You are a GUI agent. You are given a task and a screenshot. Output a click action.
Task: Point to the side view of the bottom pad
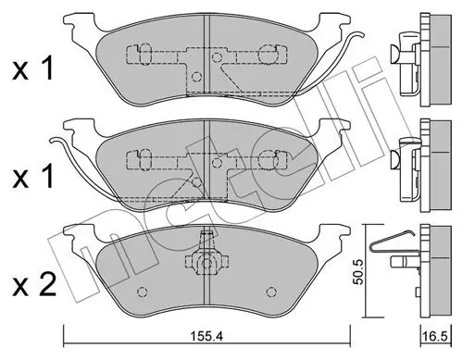pyautogui.click(x=430, y=268)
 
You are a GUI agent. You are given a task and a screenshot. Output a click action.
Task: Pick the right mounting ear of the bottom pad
pyautogui.click(x=335, y=234)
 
